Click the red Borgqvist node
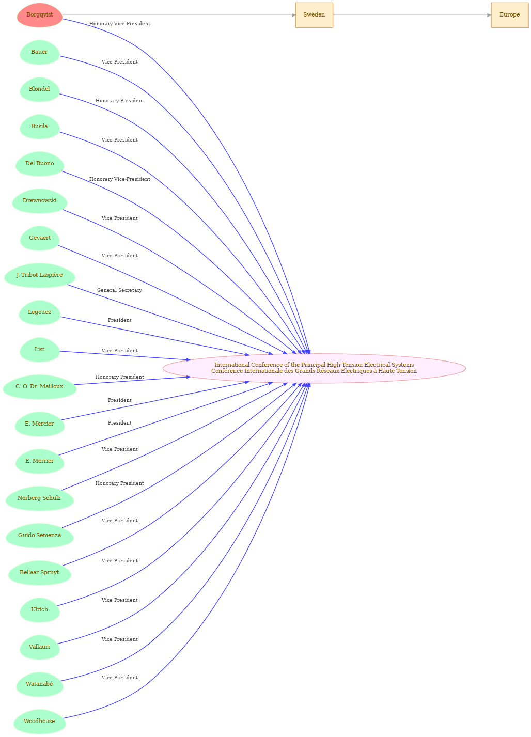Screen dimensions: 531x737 click(39, 15)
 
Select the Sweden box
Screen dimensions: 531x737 click(314, 15)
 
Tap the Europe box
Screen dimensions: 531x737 click(510, 15)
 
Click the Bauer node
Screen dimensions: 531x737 click(39, 52)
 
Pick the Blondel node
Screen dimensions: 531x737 click(39, 89)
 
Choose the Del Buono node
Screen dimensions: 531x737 click(39, 164)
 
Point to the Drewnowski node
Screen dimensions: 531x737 click(39, 201)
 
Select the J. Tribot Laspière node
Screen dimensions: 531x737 click(39, 275)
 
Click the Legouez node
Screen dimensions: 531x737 click(39, 312)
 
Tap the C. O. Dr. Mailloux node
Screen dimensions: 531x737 click(39, 387)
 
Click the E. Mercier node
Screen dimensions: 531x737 click(39, 424)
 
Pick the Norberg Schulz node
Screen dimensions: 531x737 click(39, 498)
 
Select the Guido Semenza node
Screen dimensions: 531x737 click(39, 535)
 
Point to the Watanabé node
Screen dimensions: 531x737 click(39, 684)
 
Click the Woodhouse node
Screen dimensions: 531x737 click(39, 721)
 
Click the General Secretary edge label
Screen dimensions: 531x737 click(119, 290)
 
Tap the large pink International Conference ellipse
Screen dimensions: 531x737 click(314, 368)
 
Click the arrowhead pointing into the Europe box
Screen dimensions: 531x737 click(489, 15)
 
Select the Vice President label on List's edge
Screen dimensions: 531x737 click(119, 350)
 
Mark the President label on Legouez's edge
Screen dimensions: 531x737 click(119, 320)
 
